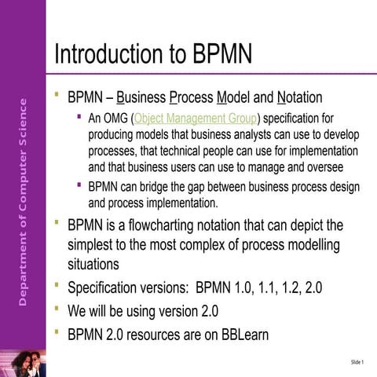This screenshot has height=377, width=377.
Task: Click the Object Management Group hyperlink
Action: pyautogui.click(x=196, y=119)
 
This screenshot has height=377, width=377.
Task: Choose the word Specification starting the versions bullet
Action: pyautogui.click(x=108, y=287)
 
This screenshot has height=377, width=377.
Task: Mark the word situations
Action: pyautogui.click(x=93, y=264)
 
